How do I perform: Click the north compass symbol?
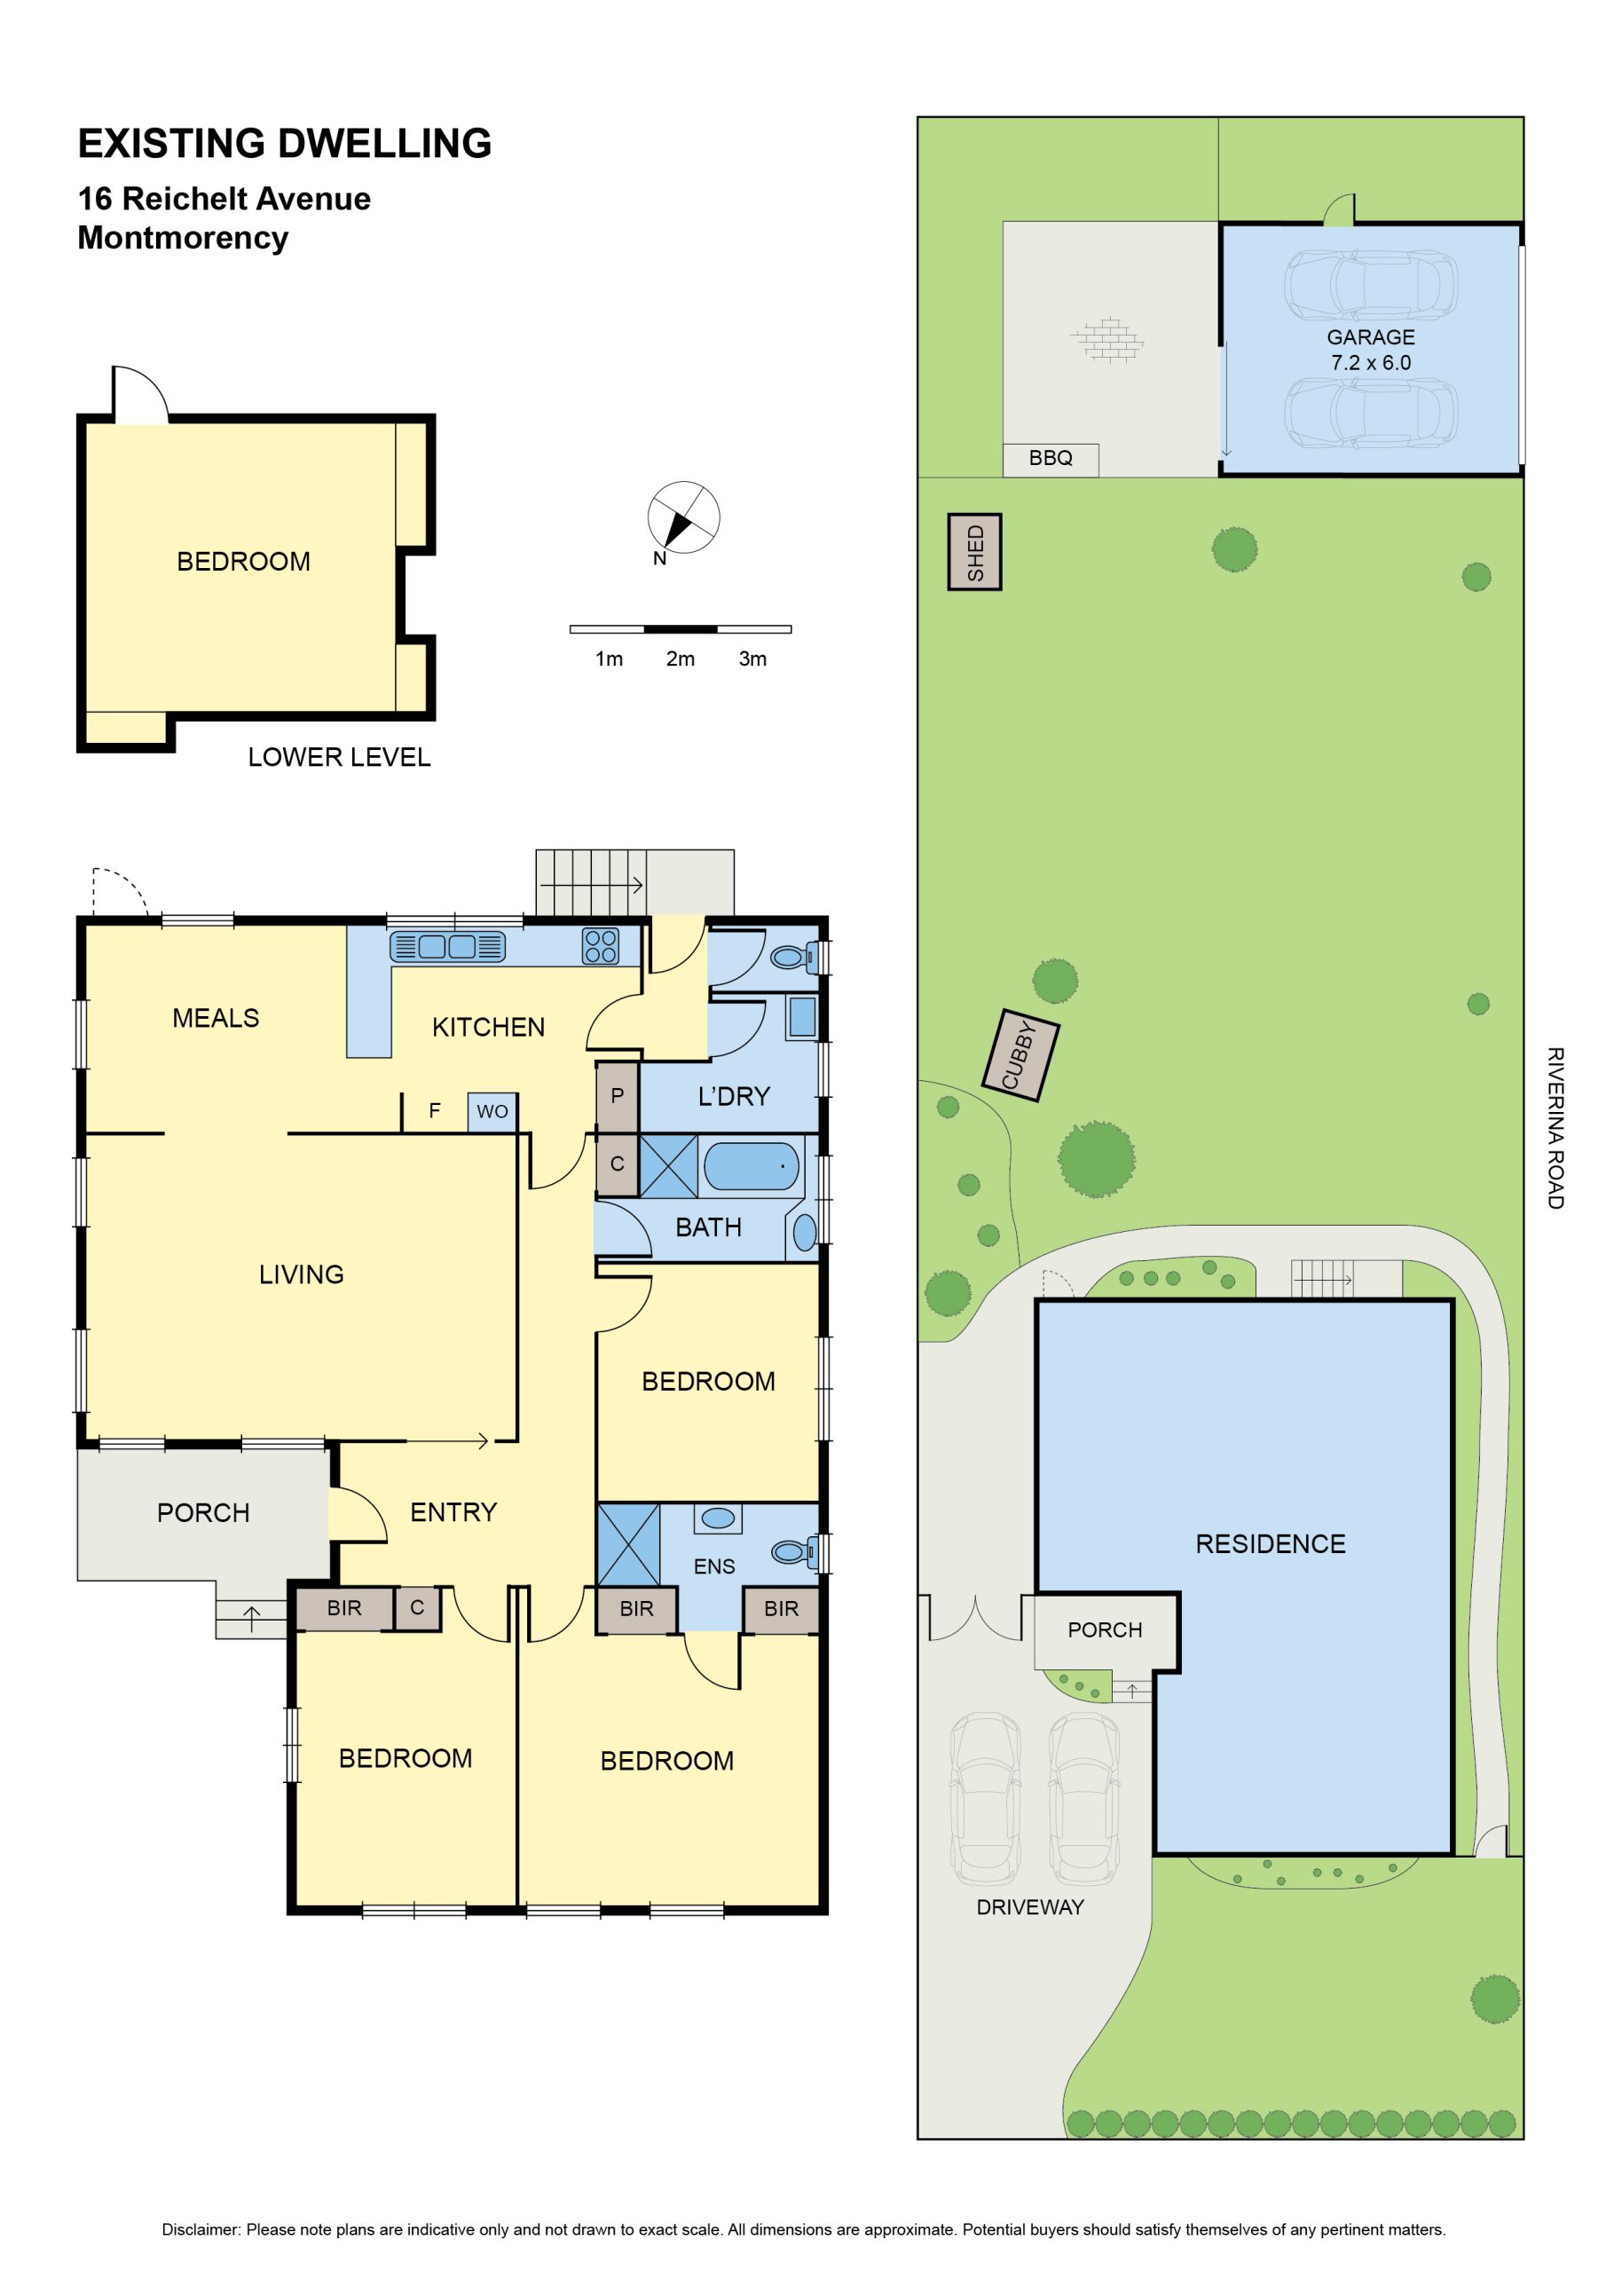coord(683,517)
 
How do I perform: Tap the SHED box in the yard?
coord(974,552)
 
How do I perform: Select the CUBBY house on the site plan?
coord(1021,1055)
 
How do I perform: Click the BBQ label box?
coord(1050,459)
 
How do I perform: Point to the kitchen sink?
coord(447,947)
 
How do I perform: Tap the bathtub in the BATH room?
coord(751,1165)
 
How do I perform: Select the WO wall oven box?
coord(492,1111)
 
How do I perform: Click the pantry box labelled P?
coord(617,1096)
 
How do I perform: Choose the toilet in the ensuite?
coord(793,1551)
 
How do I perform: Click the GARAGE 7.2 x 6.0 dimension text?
coord(1371,350)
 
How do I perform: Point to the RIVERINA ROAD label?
coord(1555,1128)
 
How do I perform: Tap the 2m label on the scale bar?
coord(680,659)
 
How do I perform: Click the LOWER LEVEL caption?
coord(340,757)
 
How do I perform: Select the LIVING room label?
coord(302,1274)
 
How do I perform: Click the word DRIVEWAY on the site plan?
coord(1030,1907)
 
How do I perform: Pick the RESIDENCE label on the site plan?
coord(1271,1543)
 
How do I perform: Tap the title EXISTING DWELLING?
coord(285,144)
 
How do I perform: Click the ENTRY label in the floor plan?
coord(453,1512)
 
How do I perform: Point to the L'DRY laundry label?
coord(733,1096)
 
